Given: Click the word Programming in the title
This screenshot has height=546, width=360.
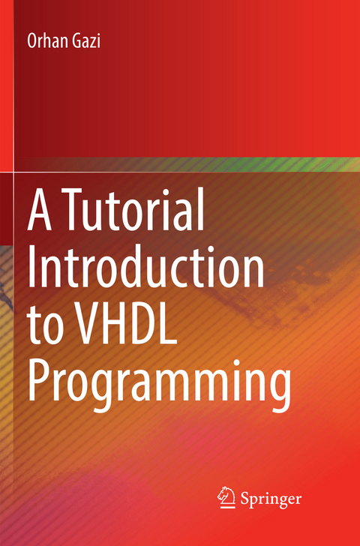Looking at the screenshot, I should click(x=159, y=384).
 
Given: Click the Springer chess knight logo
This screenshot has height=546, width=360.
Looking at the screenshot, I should click(x=226, y=496).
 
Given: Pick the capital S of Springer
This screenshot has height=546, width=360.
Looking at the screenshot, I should click(x=245, y=497).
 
